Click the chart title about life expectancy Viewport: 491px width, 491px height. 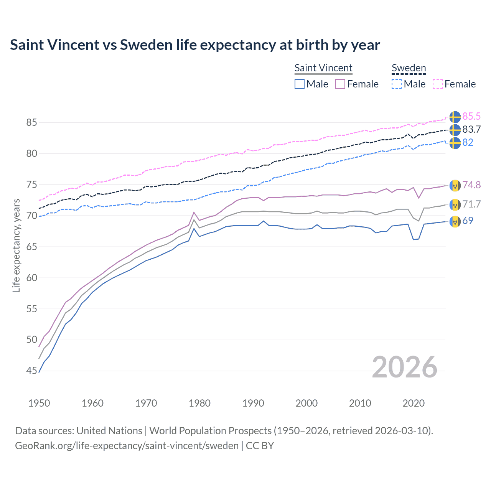(195, 45)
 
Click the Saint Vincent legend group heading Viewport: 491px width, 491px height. (323, 68)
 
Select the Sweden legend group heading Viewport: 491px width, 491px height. (409, 68)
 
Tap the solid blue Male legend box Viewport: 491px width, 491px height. (300, 84)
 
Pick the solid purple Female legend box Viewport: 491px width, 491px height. (340, 84)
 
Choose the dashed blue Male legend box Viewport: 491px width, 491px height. (397, 84)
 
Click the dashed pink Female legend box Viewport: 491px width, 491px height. (438, 84)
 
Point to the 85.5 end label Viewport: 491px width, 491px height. (471, 116)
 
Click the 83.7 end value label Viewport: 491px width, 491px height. (471, 129)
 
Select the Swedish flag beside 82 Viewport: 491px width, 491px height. (455, 143)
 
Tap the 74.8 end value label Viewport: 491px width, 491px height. (471, 185)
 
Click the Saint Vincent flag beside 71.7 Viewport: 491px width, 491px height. (455, 204)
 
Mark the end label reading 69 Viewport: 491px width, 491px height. (468, 221)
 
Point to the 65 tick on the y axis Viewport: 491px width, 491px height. (31, 247)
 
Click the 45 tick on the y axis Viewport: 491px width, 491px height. (31, 371)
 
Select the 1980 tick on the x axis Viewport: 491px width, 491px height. (199, 403)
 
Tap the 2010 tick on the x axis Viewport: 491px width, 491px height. (360, 403)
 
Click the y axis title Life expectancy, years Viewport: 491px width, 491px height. (16, 245)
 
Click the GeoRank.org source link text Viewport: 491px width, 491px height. (127, 446)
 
